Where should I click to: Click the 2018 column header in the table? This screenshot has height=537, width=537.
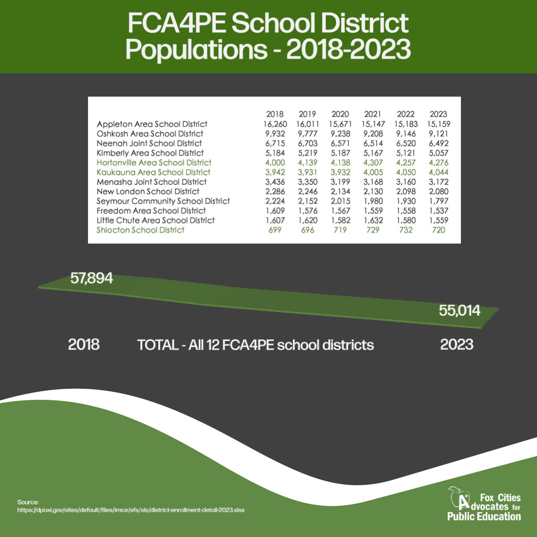tap(275, 114)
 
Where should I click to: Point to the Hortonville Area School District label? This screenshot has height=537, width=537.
tap(154, 163)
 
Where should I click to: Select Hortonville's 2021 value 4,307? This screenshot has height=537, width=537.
tap(373, 163)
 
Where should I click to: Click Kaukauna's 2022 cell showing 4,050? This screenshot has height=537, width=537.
tap(405, 172)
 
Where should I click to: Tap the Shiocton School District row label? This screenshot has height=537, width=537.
tap(141, 230)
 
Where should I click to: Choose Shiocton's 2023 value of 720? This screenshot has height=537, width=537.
tap(438, 230)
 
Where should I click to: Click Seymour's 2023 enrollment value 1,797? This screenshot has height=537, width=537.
tap(438, 201)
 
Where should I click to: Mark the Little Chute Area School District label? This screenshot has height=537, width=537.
tap(156, 220)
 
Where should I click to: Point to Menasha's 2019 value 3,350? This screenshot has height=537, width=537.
tap(308, 182)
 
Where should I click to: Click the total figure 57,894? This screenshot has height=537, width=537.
tap(91, 278)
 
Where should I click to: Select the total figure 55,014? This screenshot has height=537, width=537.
tap(459, 311)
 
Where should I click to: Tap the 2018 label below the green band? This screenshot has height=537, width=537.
tap(84, 345)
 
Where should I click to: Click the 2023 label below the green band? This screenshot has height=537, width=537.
tap(457, 345)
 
